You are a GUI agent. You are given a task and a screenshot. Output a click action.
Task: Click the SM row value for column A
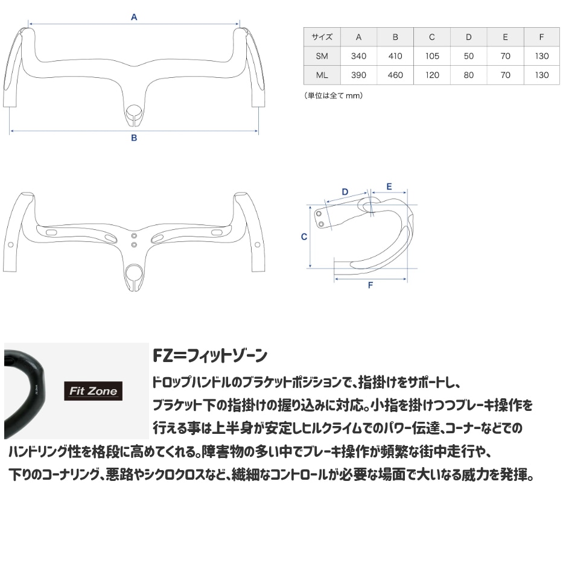(358, 56)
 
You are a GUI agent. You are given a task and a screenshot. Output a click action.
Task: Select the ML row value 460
(395, 75)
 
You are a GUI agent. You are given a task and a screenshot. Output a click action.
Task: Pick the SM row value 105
(432, 56)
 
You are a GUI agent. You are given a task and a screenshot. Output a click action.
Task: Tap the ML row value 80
(469, 75)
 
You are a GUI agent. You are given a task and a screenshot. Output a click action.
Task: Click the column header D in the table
(469, 37)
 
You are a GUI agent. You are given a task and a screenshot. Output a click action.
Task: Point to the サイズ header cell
(322, 37)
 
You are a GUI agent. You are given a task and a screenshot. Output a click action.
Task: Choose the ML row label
(322, 75)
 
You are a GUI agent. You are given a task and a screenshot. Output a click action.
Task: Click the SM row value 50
(469, 56)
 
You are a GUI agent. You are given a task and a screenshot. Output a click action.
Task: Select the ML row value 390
(358, 75)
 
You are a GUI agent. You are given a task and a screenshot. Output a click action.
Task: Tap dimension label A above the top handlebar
(134, 17)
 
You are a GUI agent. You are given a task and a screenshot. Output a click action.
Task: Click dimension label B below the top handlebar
(134, 138)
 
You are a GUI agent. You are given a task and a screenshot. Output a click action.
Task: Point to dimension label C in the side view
(304, 237)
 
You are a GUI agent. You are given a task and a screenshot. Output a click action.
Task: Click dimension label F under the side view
(371, 285)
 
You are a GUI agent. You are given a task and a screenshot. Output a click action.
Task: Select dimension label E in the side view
(389, 186)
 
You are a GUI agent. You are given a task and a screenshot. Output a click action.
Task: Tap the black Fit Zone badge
(94, 390)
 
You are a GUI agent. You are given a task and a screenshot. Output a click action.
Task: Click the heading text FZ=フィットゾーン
(210, 355)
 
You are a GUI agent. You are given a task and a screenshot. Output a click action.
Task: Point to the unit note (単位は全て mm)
(334, 95)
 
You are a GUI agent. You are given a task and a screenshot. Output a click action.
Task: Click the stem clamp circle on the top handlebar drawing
(134, 110)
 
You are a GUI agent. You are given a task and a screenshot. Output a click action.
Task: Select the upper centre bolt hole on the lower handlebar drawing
(134, 236)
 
